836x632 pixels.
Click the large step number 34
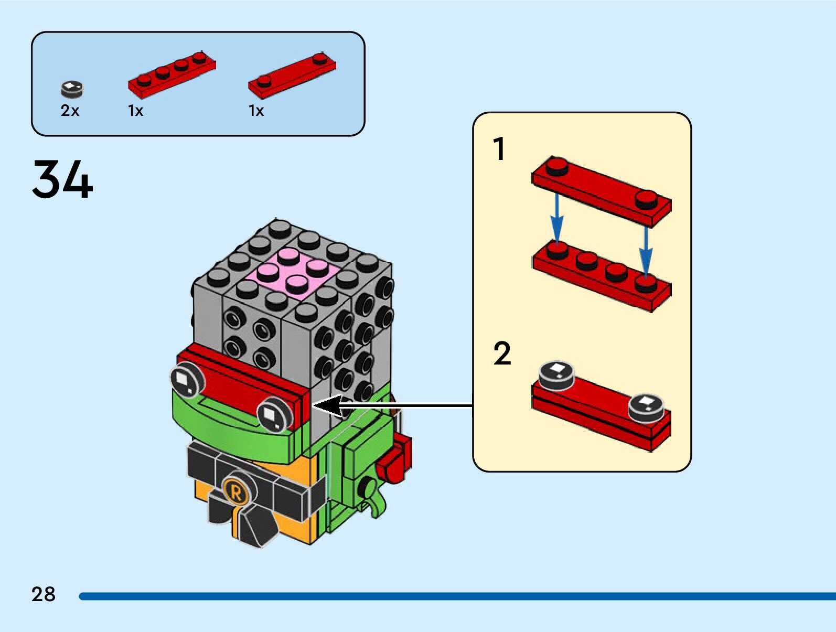point(62,179)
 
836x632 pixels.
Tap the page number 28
point(43,594)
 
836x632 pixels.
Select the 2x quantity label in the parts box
point(70,111)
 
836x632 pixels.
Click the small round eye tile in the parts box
point(72,89)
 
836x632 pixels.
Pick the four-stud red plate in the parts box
point(172,74)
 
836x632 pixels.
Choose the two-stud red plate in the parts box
point(292,74)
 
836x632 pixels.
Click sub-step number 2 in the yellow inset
point(502,354)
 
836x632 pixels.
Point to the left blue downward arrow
point(556,218)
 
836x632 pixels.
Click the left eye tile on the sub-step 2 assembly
point(557,373)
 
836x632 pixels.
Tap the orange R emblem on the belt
point(236,492)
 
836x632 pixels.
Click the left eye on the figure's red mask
point(187,380)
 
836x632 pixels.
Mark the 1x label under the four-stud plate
point(135,111)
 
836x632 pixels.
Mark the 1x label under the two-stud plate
point(256,111)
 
